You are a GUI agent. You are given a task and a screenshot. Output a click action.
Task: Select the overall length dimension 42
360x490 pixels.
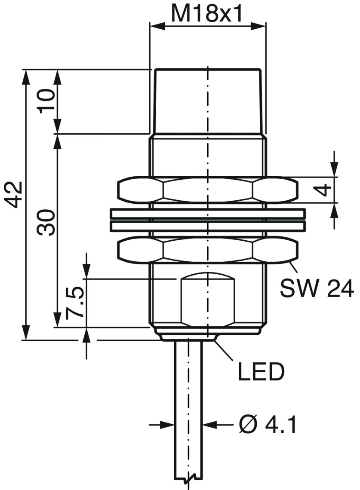(14, 194)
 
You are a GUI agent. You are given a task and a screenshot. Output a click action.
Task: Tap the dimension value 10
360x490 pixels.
(46, 101)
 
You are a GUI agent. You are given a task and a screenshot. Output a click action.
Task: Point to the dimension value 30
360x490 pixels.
(46, 222)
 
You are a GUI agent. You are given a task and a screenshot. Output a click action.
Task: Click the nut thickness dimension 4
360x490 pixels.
(326, 190)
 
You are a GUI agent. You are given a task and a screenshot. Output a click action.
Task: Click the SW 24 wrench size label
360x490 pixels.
(317, 288)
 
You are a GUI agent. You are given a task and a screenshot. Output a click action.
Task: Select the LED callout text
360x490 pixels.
(261, 371)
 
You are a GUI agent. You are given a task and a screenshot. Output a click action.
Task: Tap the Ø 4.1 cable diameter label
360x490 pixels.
(268, 424)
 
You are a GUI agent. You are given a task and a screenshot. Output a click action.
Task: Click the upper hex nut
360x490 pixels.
(208, 190)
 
